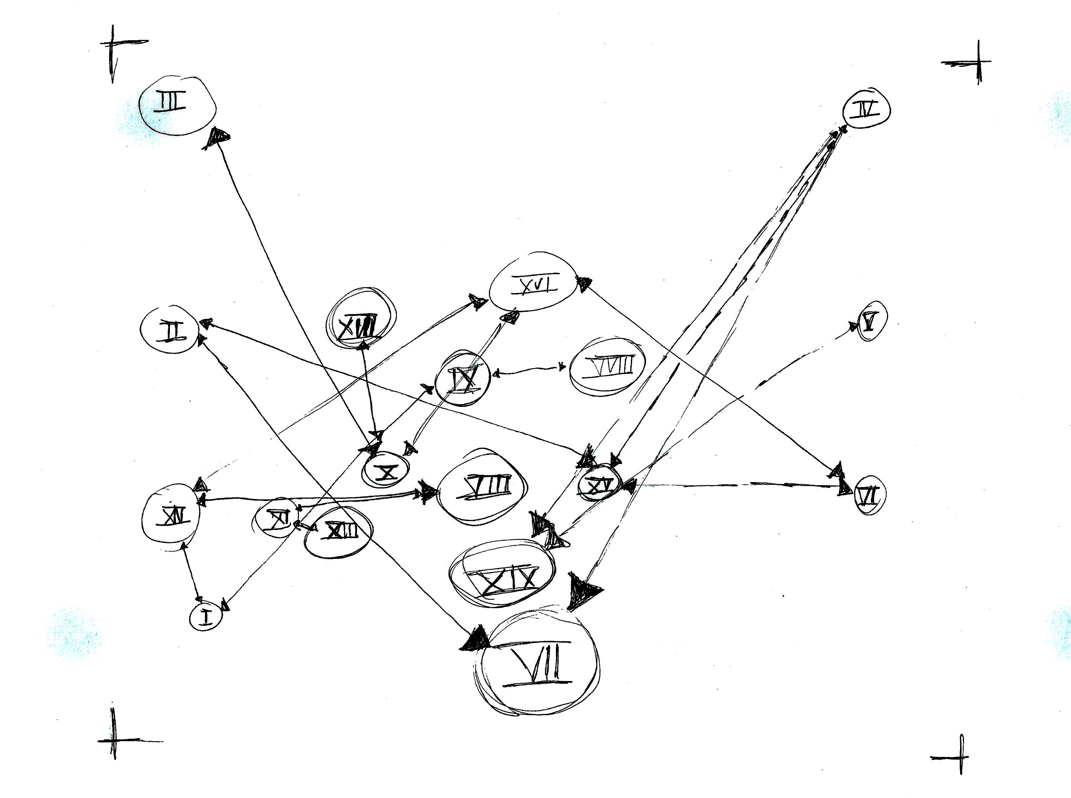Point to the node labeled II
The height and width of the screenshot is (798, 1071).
click(x=169, y=330)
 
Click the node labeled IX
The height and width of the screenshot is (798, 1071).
click(x=462, y=377)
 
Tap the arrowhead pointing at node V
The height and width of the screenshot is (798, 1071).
click(x=854, y=326)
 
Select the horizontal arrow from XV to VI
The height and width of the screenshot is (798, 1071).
click(x=734, y=485)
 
